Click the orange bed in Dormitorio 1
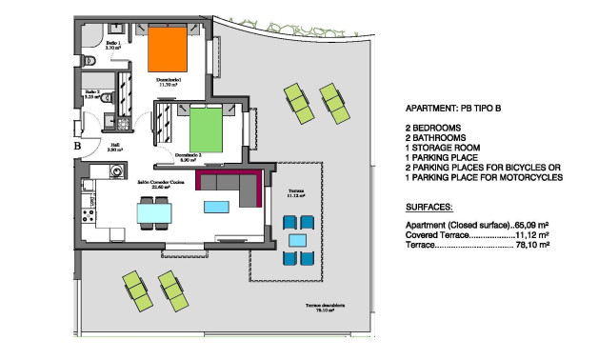(165, 51)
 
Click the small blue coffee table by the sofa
(217, 206)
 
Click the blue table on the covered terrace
(296, 239)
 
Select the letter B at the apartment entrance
(76, 147)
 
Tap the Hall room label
(112, 147)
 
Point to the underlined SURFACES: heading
(429, 206)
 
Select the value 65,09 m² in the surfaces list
(533, 225)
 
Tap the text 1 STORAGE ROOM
(447, 148)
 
